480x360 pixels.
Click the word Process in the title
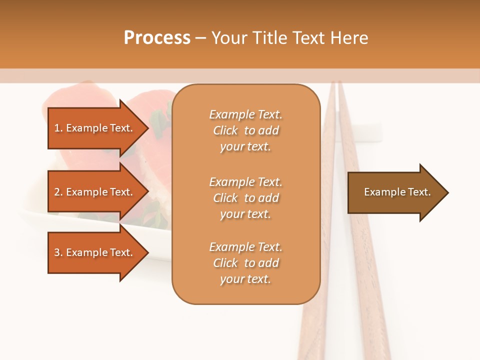pos(157,38)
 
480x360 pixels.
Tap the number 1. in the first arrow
pos(58,128)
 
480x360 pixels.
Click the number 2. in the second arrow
pos(58,192)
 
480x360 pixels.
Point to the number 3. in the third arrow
pos(58,252)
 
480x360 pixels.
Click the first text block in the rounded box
pos(245,130)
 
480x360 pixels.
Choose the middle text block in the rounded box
pos(245,198)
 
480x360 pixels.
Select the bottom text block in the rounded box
pos(245,263)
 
